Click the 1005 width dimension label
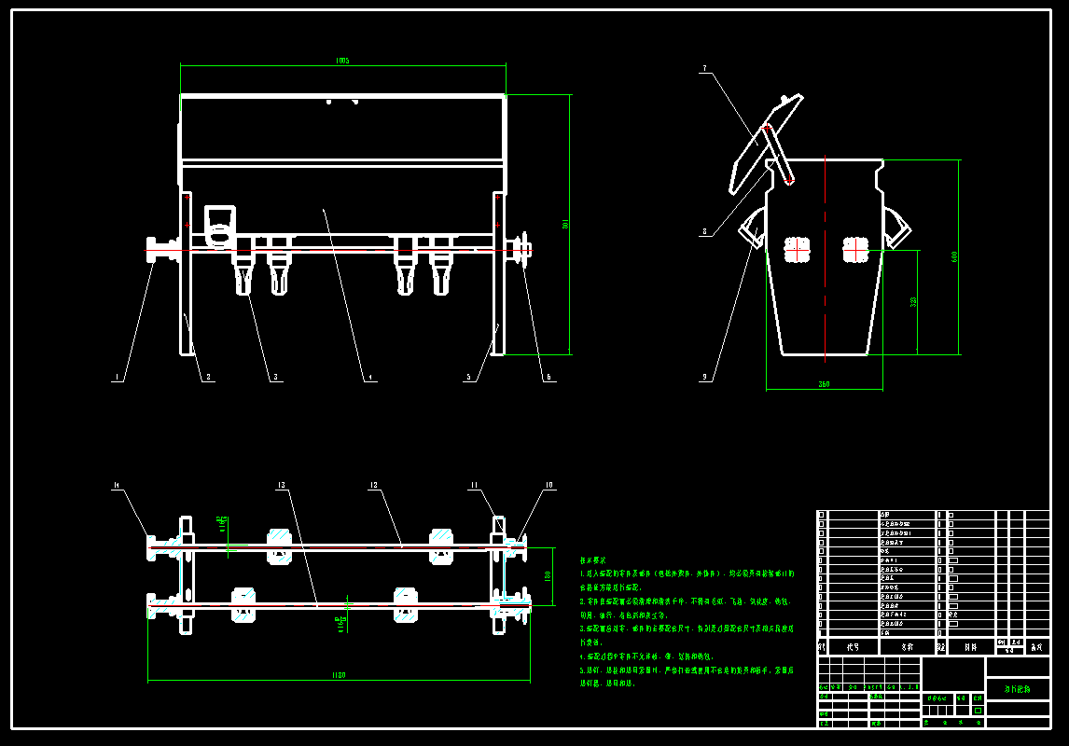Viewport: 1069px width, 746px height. (342, 61)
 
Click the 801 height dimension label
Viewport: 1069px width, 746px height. (565, 224)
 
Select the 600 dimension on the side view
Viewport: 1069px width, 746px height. (954, 256)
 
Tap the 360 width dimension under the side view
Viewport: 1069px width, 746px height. (824, 384)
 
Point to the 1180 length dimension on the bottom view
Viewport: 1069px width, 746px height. (339, 675)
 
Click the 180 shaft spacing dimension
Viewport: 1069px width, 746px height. (548, 576)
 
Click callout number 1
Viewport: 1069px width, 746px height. (117, 378)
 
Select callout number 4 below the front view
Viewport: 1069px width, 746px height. (370, 378)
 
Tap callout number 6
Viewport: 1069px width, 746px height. (548, 378)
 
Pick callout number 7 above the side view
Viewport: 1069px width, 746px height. (704, 68)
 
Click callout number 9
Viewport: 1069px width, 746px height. (704, 378)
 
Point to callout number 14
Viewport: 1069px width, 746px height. (117, 485)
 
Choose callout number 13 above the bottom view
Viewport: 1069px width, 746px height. (280, 485)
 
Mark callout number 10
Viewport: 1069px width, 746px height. (548, 485)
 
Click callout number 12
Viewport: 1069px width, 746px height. (373, 485)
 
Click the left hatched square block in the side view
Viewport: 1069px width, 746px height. (797, 250)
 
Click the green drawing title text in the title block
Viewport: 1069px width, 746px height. (1017, 689)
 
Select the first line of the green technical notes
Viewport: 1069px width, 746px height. (687, 574)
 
